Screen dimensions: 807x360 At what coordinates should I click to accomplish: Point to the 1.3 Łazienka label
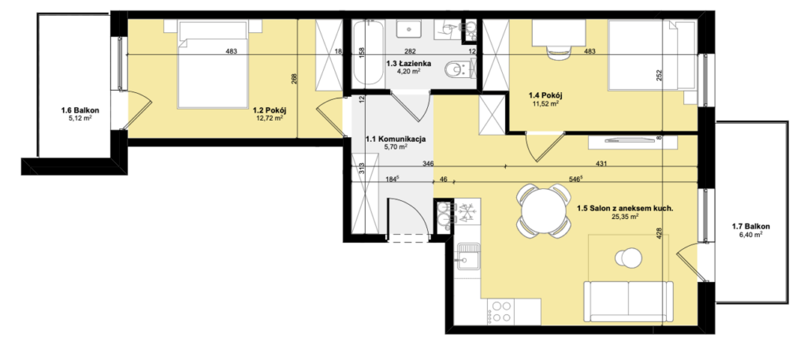coord(407,64)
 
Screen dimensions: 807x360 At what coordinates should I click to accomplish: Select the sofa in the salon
coord(628,302)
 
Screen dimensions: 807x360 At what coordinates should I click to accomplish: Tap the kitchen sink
coord(469,256)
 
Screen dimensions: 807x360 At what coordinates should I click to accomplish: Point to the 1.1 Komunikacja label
coord(395,139)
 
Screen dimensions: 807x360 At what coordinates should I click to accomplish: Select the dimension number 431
coord(602,164)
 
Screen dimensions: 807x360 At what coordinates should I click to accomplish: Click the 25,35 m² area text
coord(625,217)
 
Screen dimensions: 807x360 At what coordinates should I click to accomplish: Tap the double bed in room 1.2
coord(216,64)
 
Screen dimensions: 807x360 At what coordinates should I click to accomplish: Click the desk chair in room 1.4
coord(559,51)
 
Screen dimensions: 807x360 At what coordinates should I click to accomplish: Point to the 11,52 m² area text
coord(546,103)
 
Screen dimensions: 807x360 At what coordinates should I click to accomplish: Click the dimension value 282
coord(410,51)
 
